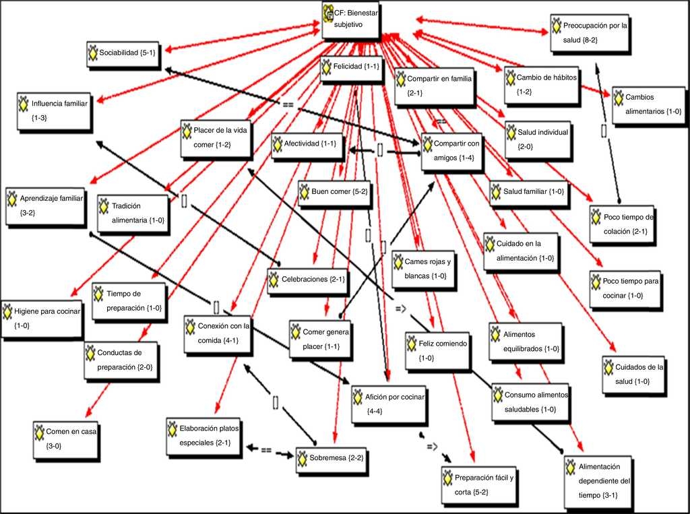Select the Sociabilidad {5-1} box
point(123,53)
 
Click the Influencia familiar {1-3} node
point(54,110)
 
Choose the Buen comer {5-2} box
point(334,192)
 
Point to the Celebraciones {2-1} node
point(307,280)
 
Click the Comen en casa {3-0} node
point(66,438)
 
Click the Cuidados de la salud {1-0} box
point(633,375)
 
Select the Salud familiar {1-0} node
point(528,192)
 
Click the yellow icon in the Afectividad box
point(278,143)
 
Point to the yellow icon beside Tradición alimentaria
point(104,206)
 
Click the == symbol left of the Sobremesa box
point(266,449)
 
